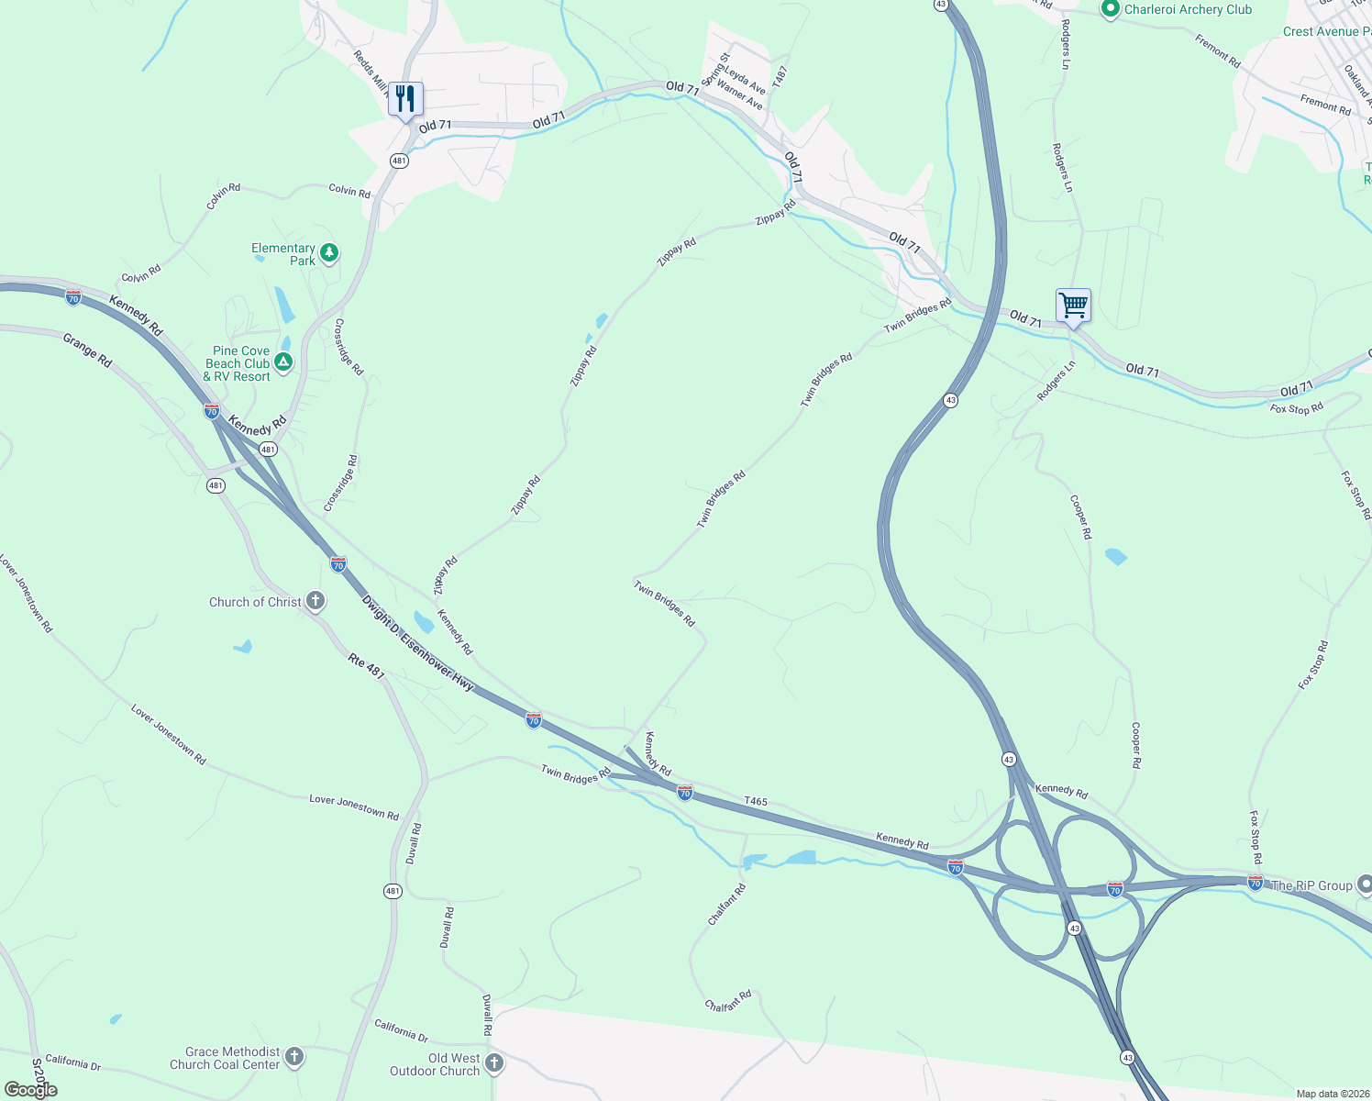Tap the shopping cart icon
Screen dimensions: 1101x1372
click(x=1072, y=305)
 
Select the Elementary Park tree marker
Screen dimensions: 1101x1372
click(x=329, y=253)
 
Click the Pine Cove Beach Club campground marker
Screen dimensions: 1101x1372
click(x=284, y=363)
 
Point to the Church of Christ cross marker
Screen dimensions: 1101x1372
click(x=315, y=602)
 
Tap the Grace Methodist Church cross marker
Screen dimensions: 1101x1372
click(x=294, y=1057)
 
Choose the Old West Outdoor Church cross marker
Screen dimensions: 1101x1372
click(x=493, y=1063)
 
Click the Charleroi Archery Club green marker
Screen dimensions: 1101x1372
click(x=1110, y=10)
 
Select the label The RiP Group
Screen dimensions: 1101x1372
click(x=1311, y=885)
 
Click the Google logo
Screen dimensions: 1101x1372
click(x=31, y=1089)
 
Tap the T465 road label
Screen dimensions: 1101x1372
click(x=756, y=801)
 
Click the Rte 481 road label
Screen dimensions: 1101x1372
click(x=366, y=665)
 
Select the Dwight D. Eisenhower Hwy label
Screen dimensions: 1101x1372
click(x=417, y=643)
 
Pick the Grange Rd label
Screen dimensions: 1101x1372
click(x=87, y=350)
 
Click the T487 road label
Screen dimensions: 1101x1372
click(x=780, y=77)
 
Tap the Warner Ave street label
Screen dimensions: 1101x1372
click(x=739, y=95)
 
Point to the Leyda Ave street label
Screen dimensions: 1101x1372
click(x=745, y=80)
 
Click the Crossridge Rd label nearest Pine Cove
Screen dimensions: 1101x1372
click(x=349, y=347)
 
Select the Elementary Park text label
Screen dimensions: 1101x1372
click(x=283, y=254)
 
